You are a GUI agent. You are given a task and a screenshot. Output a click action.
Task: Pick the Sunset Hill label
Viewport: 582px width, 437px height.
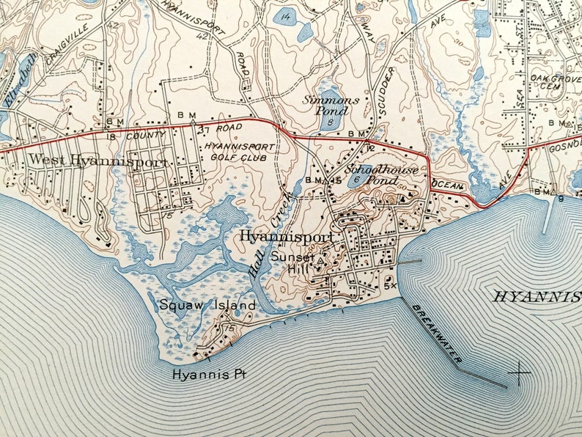[292, 262]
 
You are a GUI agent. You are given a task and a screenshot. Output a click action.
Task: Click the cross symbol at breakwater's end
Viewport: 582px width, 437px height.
[520, 374]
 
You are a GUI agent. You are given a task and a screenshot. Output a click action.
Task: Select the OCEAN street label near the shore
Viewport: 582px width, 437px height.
[448, 186]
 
